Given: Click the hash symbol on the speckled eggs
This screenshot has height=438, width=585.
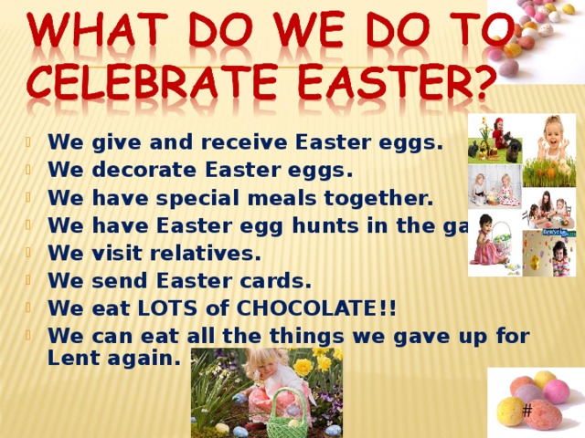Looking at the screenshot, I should pos(527,411).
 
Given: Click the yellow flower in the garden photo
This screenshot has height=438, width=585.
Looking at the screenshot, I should pos(303,367).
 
